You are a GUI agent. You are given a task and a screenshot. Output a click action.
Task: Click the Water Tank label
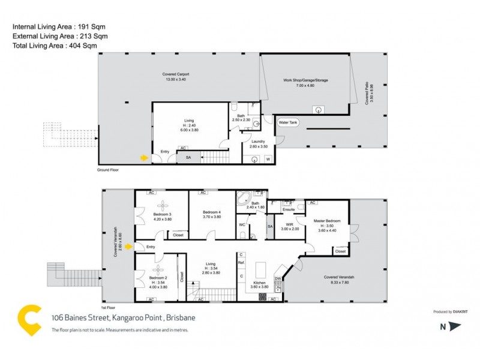[289, 122]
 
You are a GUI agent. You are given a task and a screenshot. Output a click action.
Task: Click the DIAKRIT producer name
[457, 312]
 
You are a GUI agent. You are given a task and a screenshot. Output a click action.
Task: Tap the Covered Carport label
[175, 74]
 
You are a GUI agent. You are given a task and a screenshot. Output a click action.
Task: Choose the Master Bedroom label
[328, 221]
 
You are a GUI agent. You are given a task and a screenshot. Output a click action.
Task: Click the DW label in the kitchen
[278, 278]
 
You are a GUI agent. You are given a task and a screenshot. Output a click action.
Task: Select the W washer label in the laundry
[268, 159]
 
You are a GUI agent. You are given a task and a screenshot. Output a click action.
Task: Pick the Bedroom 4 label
[212, 212]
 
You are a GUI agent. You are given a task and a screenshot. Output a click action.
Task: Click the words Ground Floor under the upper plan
[109, 170]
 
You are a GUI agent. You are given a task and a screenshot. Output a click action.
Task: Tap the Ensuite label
[289, 209]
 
